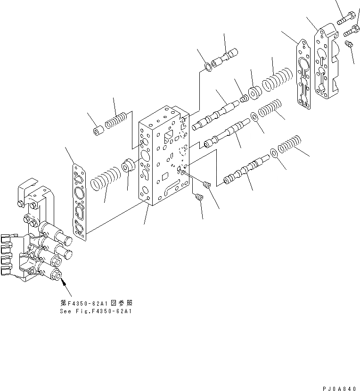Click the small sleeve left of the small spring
pos(98,130)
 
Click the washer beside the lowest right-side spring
pos(274,152)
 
